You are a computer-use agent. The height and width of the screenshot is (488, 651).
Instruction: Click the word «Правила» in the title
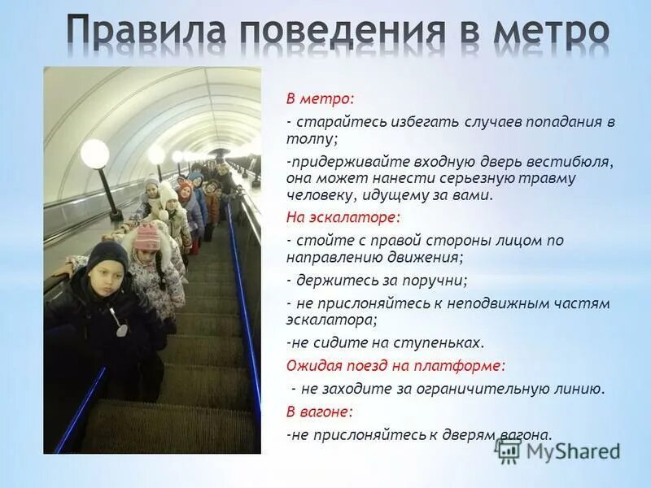147,33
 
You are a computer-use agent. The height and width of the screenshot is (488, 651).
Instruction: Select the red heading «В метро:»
320,99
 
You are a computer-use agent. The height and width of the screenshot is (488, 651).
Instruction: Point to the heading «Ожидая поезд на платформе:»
395,365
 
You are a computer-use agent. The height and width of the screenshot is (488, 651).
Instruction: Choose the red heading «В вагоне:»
319,412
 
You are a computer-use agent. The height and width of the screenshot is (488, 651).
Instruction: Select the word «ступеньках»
444,342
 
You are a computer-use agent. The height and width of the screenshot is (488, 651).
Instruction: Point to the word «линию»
579,389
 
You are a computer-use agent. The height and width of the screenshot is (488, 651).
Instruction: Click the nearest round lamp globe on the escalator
94,153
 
